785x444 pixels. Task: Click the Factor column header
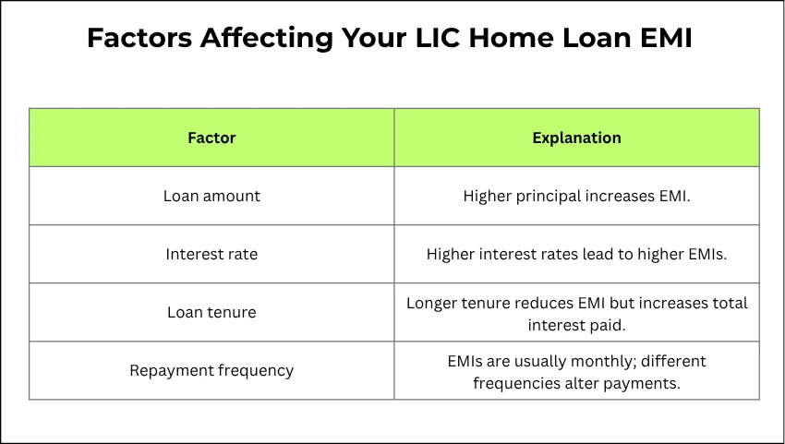(x=211, y=138)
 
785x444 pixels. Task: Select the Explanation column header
(x=576, y=138)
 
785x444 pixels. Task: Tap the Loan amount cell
(x=211, y=196)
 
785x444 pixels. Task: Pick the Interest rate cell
(x=211, y=254)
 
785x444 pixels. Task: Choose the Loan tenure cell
(x=211, y=312)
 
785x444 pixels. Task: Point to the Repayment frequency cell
(x=211, y=370)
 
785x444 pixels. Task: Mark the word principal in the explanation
(x=545, y=196)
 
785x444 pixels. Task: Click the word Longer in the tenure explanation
(x=432, y=303)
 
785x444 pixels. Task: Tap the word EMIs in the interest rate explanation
(x=705, y=254)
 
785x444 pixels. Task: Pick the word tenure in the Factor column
(x=233, y=312)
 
